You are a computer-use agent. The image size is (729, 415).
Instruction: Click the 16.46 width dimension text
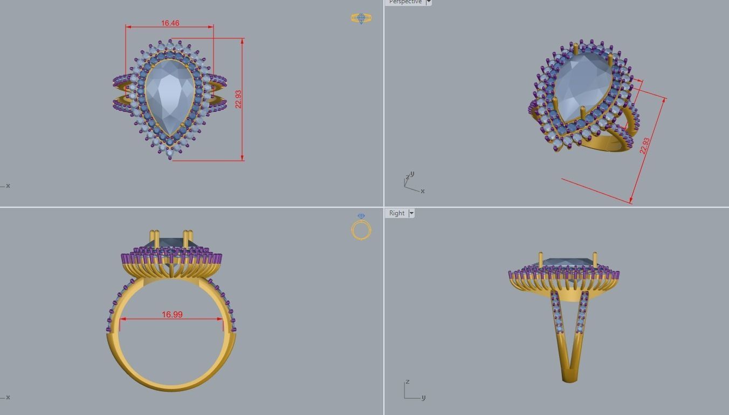coord(170,23)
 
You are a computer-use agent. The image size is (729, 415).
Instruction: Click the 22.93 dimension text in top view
coord(238,99)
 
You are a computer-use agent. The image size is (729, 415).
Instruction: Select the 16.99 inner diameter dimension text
coord(172,314)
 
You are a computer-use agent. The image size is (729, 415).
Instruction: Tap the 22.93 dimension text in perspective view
coord(644,146)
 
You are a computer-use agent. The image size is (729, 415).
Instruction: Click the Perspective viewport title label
coord(405,2)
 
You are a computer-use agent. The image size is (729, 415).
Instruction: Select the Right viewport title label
coord(397,213)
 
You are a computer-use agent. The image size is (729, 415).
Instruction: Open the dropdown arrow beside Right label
coord(411,213)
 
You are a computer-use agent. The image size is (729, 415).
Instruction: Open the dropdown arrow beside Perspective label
coord(429,2)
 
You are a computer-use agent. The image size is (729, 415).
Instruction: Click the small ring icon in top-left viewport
coord(361,18)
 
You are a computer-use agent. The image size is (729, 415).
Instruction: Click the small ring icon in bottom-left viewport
coord(361,227)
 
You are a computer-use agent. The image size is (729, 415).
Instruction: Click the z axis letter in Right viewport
coord(408,382)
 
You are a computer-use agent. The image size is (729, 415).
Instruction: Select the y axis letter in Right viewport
coord(423,398)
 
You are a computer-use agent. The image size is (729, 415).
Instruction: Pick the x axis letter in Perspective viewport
coord(423,191)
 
